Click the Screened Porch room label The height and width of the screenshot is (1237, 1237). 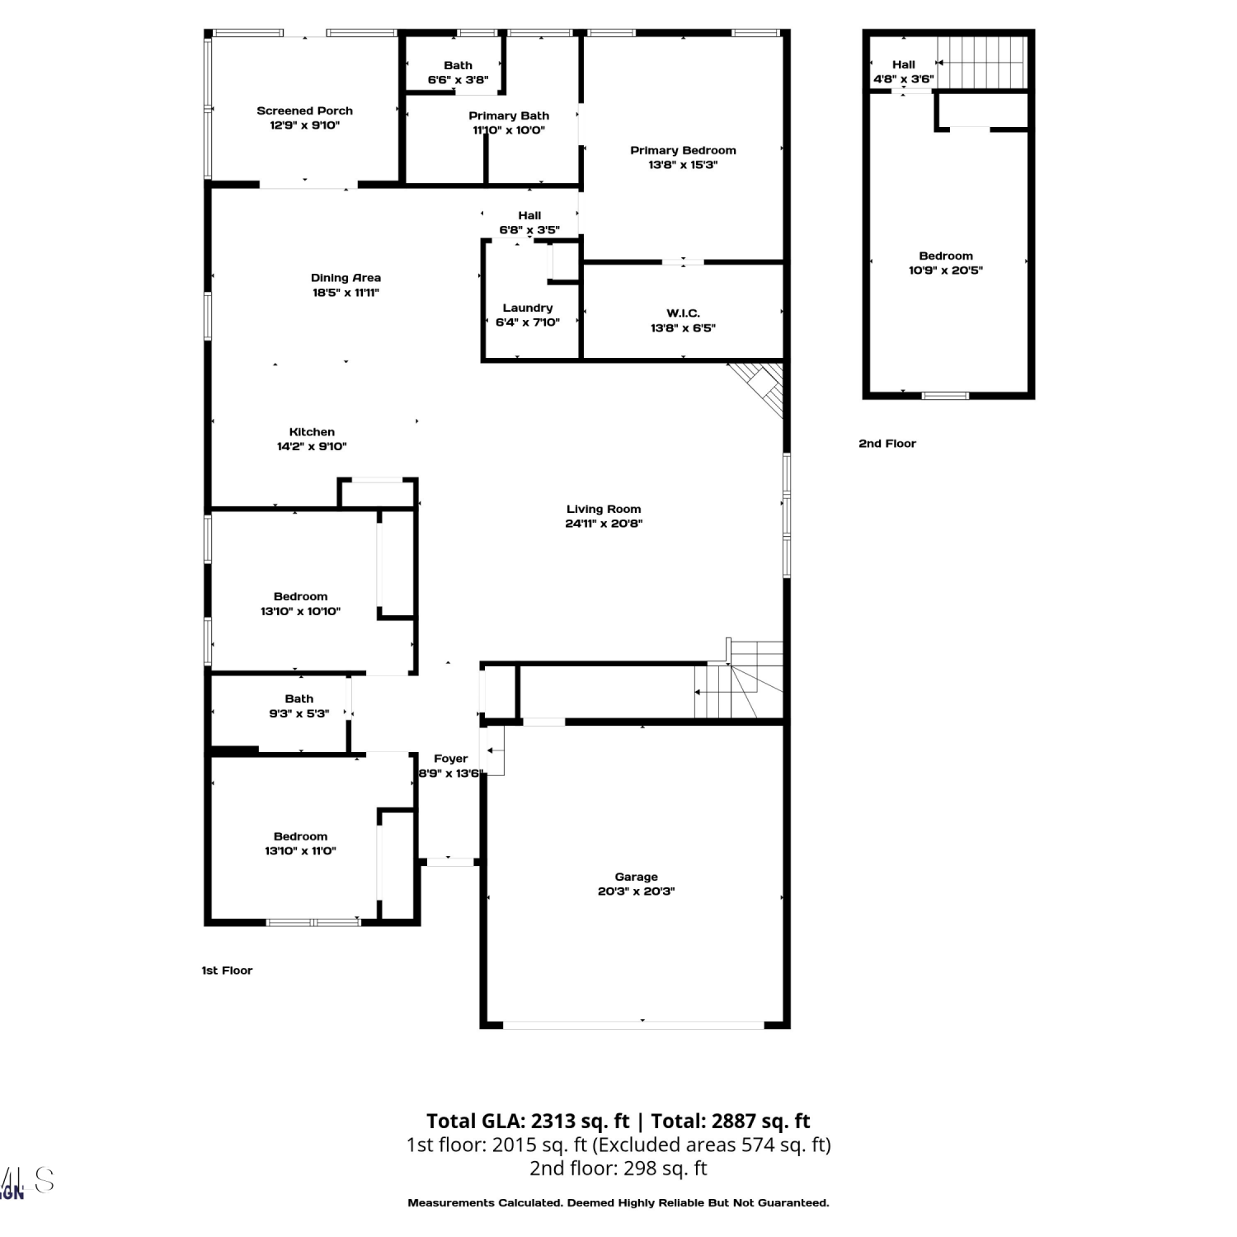click(x=304, y=111)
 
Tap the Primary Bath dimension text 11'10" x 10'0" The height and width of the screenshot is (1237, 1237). click(x=509, y=130)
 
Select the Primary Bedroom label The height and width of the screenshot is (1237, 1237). click(x=683, y=150)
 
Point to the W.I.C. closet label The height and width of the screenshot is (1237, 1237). click(x=683, y=313)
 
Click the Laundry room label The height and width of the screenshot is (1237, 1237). click(x=528, y=308)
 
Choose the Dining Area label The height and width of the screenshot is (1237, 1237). click(x=346, y=278)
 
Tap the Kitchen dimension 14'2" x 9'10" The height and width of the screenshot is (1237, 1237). click(x=312, y=447)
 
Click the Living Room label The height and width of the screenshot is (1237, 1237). click(x=604, y=509)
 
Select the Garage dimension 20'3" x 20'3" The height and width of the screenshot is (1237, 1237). click(x=636, y=891)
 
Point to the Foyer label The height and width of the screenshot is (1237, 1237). click(x=450, y=759)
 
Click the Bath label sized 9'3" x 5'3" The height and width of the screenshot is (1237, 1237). click(x=299, y=698)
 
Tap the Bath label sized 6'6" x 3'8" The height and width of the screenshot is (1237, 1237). click(x=458, y=65)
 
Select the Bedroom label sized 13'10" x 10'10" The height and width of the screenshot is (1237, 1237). click(x=300, y=596)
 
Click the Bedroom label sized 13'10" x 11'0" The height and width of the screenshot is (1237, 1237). click(x=300, y=836)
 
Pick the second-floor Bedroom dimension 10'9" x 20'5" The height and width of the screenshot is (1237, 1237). click(x=946, y=270)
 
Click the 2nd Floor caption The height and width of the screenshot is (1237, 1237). click(x=887, y=444)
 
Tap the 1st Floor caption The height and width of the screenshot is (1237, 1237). click(x=227, y=971)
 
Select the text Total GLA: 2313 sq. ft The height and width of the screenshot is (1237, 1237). click(x=528, y=1122)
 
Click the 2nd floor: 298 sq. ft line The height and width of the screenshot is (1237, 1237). click(x=618, y=1169)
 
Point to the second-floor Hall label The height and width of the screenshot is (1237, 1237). click(x=904, y=64)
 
